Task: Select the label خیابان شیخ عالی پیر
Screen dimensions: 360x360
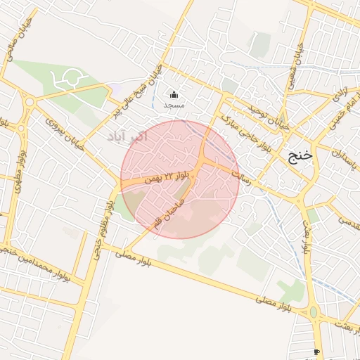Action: (134, 91)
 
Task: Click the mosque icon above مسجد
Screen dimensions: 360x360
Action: (174, 94)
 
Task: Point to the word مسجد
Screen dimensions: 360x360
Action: (174, 105)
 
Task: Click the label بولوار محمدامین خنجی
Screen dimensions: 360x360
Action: (42, 264)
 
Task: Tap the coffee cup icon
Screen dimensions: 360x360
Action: (316, 352)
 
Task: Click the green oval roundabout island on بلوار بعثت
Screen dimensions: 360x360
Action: (314, 311)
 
